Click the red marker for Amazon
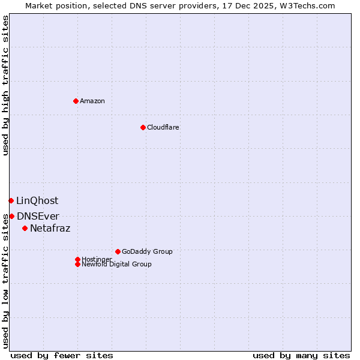[x=76, y=101]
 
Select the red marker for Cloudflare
[x=143, y=127]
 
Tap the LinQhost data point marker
[x=11, y=200]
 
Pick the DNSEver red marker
[x=11, y=216]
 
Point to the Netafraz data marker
[x=25, y=228]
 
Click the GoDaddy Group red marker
[x=118, y=251]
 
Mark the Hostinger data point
[x=77, y=259]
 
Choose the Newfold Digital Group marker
[x=77, y=264]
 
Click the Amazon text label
[x=92, y=101]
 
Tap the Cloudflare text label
[x=163, y=127]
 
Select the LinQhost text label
[x=37, y=201]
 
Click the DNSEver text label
[x=38, y=217]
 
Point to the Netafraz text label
[x=50, y=229]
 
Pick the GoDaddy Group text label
[x=147, y=251]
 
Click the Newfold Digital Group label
[x=116, y=265]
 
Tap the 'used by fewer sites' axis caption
[x=62, y=355]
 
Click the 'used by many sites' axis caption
[x=301, y=355]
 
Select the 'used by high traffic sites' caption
[x=5, y=85]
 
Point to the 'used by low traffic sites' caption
[x=5, y=282]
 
